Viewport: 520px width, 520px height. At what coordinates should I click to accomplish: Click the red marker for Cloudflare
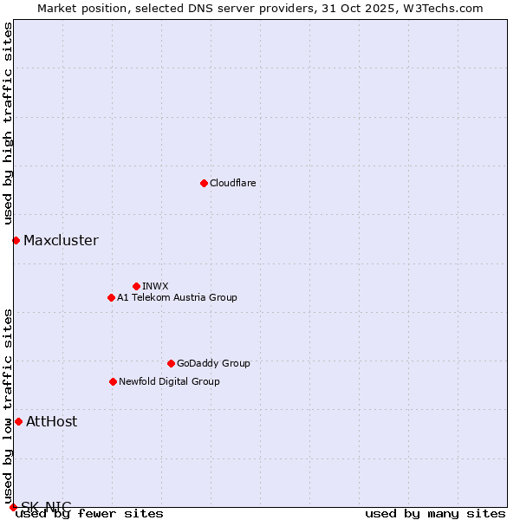pos(204,183)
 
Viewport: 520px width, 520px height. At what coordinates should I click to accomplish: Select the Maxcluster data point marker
pos(16,240)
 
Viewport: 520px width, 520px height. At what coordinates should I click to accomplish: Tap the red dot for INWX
pos(136,286)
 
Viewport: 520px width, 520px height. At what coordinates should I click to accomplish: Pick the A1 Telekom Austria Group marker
pos(111,297)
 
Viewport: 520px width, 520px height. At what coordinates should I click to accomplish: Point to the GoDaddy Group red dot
pos(171,363)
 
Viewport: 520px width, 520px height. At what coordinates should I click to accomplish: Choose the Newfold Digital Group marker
pos(113,381)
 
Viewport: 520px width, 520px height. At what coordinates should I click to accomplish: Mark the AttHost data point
pos(18,421)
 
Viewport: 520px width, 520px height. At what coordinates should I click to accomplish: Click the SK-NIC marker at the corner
pos(13,507)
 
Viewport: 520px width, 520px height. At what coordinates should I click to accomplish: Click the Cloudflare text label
pos(232,183)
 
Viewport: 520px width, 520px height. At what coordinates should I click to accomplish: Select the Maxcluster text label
pos(61,240)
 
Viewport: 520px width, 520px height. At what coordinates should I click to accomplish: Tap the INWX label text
pos(155,286)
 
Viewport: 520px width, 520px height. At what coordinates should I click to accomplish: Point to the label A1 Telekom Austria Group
pos(177,297)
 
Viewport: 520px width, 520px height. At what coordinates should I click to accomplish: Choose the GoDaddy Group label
pos(213,363)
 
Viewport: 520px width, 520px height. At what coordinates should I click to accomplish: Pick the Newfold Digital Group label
pos(169,381)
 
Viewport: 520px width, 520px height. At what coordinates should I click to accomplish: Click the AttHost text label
pos(51,421)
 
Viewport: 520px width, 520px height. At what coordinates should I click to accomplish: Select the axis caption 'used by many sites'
pos(435,513)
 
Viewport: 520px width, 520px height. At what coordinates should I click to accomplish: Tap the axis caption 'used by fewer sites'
pos(89,513)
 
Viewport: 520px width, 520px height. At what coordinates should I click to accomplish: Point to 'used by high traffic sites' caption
pos(9,123)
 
